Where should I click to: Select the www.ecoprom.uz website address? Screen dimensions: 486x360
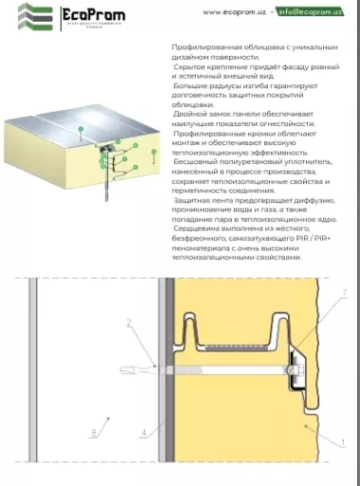pos(232,11)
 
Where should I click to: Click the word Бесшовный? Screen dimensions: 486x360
pos(193,162)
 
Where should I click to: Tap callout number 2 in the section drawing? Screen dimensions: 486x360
pos(127,323)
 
